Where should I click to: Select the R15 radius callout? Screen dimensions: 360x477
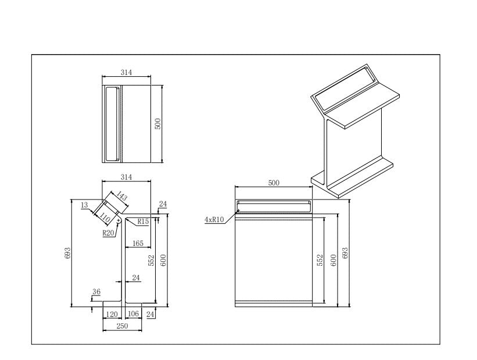click(143, 222)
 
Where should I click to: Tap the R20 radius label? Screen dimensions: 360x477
click(108, 233)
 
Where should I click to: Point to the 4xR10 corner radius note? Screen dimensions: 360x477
click(215, 220)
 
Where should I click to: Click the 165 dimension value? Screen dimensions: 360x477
click(138, 244)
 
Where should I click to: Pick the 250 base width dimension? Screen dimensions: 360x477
click(122, 327)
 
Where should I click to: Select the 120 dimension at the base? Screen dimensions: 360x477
click(112, 314)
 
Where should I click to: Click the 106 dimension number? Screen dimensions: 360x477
click(133, 314)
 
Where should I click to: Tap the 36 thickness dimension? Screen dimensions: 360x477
click(96, 292)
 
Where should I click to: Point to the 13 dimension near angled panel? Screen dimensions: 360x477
click(84, 205)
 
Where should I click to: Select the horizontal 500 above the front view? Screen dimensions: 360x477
click(274, 183)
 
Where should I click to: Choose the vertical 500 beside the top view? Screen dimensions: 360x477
click(157, 123)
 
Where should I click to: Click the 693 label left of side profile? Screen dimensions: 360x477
click(67, 252)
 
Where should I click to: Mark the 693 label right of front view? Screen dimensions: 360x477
click(346, 253)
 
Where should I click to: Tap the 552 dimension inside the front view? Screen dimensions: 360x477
click(320, 260)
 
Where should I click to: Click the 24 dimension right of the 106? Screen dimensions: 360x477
click(150, 314)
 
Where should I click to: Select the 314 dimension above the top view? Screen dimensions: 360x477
click(126, 73)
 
